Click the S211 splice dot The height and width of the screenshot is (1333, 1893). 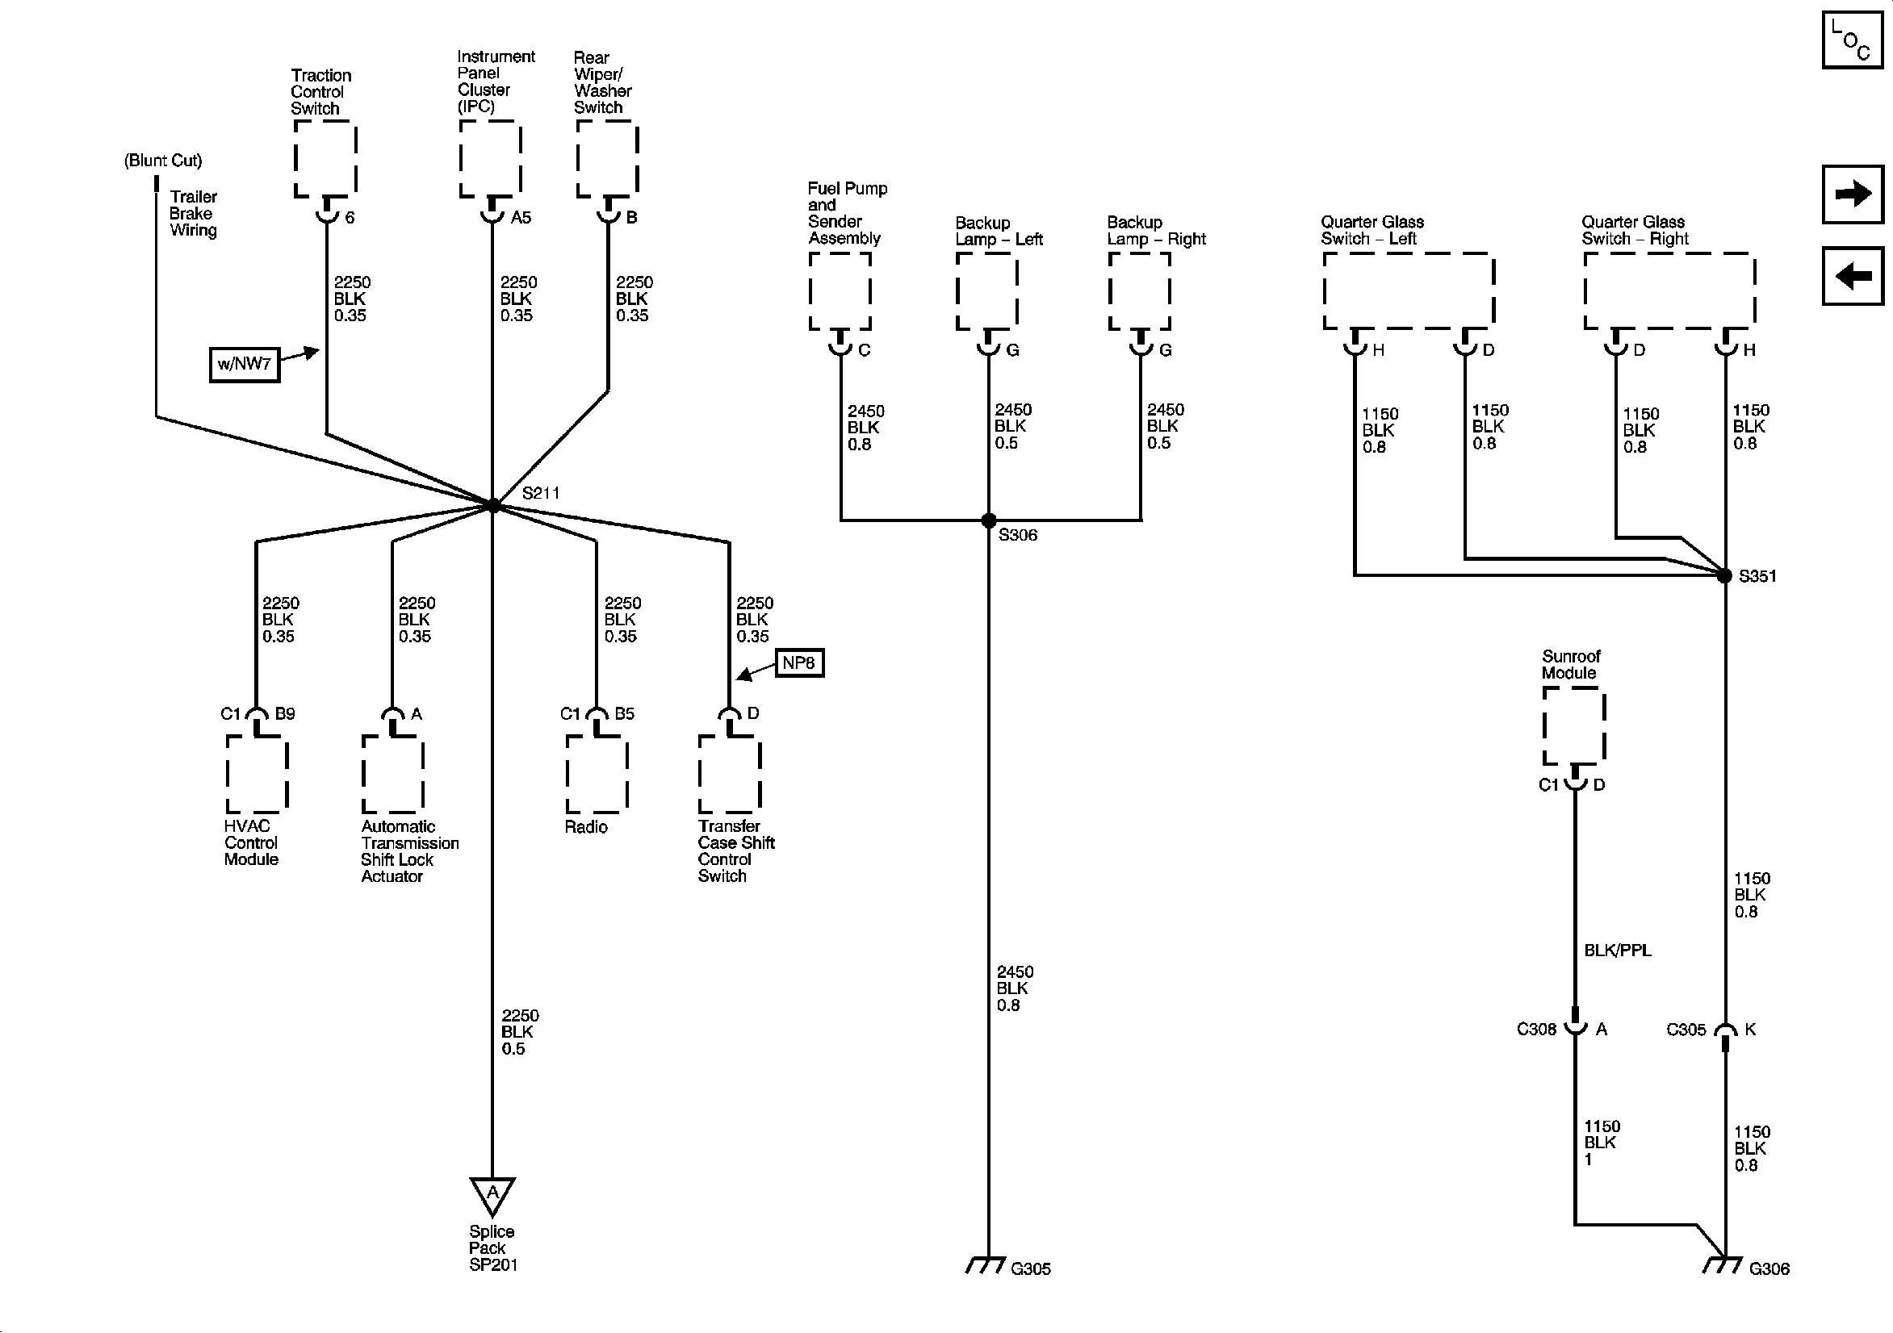click(x=493, y=505)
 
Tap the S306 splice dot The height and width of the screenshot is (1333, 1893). click(x=988, y=520)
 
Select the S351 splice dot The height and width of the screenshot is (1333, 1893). click(x=1724, y=575)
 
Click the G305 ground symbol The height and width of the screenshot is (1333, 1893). click(x=986, y=1265)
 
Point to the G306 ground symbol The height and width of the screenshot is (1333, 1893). click(x=1723, y=1265)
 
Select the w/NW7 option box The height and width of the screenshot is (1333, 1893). click(x=245, y=365)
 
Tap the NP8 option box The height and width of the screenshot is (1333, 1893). click(x=799, y=662)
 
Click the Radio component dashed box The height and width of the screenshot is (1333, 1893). click(x=597, y=773)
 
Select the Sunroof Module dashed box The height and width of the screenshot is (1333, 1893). click(x=1574, y=726)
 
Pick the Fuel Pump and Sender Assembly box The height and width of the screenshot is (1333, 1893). click(x=840, y=291)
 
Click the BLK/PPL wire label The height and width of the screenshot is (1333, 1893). click(x=1618, y=951)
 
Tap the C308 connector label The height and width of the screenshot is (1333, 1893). click(x=1536, y=1029)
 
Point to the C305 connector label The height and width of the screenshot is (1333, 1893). click(x=1686, y=1029)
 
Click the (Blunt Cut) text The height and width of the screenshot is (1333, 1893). click(x=163, y=161)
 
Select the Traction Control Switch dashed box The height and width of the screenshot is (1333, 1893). click(x=325, y=159)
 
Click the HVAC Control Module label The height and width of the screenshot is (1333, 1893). click(x=252, y=842)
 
